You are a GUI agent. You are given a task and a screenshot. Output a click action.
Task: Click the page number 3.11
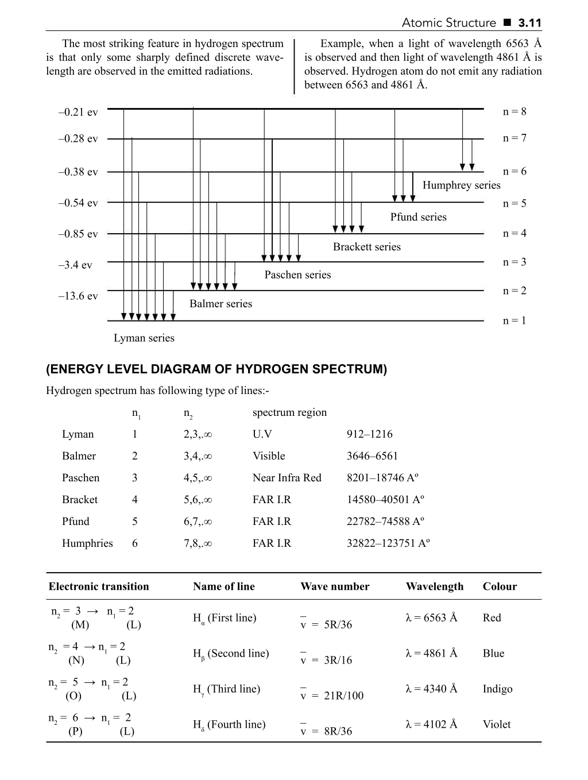529,23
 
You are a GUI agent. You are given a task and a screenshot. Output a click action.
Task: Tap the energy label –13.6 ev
78,296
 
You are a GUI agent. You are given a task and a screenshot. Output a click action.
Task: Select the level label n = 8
514,111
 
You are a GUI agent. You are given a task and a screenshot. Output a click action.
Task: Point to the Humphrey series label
461,185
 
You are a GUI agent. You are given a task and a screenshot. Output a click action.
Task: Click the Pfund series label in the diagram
418,217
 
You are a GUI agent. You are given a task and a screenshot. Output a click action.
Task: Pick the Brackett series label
367,246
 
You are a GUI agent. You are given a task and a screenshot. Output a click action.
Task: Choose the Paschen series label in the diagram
297,275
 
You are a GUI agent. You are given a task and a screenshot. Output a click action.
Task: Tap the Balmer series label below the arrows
220,303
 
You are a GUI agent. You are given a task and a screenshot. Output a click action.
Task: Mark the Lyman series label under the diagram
144,338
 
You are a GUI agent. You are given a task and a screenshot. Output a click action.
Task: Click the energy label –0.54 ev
78,203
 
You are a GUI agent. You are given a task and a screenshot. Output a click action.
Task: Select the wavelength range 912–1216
369,434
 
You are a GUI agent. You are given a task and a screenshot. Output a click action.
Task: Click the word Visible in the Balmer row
269,456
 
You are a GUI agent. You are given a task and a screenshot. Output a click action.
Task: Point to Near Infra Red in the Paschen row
287,478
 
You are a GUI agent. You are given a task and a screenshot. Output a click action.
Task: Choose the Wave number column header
335,586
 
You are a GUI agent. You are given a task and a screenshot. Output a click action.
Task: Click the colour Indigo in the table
497,689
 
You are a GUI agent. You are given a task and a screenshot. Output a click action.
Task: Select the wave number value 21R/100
343,696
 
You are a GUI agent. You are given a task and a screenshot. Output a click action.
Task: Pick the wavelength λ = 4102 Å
431,724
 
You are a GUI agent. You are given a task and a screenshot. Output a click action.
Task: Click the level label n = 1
514,321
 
